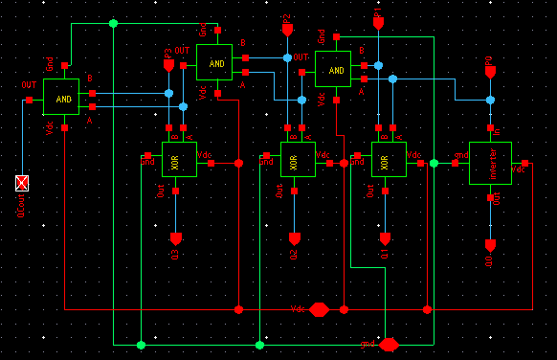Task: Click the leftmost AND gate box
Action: (62, 98)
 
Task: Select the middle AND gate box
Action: (214, 62)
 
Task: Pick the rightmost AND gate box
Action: (333, 69)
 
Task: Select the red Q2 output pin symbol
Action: (294, 237)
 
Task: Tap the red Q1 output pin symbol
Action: (386, 237)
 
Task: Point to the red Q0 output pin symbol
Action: (490, 244)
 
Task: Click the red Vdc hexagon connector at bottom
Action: (320, 309)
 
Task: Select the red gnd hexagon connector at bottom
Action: (389, 344)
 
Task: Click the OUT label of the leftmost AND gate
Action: (29, 86)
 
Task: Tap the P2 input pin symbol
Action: (287, 31)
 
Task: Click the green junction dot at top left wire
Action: (113, 23)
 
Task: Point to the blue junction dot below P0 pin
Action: (490, 100)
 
